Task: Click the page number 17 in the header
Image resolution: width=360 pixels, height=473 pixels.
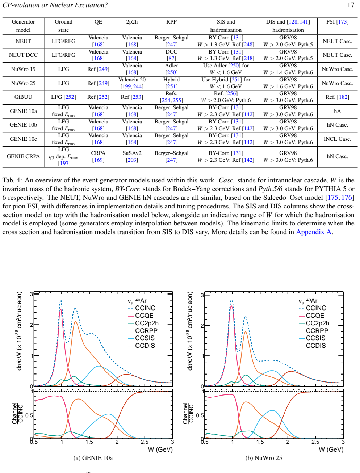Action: coord(351,5)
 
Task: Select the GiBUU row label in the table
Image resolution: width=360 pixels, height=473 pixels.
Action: coord(23,97)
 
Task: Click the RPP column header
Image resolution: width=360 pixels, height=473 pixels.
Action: coord(171,22)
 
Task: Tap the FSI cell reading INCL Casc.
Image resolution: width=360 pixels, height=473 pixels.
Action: coord(337,139)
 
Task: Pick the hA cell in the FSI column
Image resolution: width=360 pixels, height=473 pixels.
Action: coord(337,111)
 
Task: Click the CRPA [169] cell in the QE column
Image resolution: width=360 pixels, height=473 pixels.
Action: coord(98,156)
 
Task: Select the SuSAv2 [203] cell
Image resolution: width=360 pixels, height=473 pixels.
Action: coord(132,156)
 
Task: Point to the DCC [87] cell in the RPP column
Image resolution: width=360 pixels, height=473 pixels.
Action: coord(171,55)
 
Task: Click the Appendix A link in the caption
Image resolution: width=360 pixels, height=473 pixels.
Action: coord(314,232)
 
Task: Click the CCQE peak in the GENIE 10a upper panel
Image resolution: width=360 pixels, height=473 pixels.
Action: coord(61,309)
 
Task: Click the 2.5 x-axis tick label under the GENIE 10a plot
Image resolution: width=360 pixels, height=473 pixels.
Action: coord(145,442)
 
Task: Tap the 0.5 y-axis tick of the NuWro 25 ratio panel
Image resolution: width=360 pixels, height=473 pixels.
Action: coord(200,415)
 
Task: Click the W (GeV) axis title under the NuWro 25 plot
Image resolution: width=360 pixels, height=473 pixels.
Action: coord(331,449)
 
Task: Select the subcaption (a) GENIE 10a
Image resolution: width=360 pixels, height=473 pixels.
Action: coord(93,458)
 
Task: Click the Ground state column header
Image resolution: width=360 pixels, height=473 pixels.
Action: coord(63,26)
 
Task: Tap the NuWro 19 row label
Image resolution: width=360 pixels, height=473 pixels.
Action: coord(23,69)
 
